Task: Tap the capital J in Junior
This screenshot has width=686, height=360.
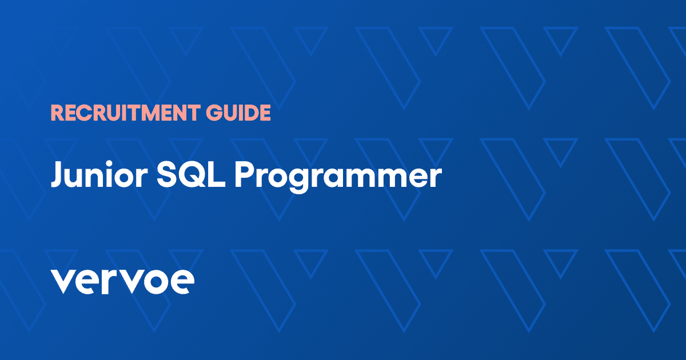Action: pos(57,176)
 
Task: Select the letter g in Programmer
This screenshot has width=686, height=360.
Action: pos(300,182)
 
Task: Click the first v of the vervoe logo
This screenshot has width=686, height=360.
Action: pos(63,282)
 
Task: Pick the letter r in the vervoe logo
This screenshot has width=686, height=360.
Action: pos(110,282)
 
